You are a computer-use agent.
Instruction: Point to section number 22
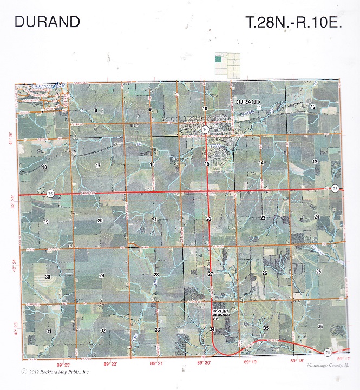[x=209, y=218]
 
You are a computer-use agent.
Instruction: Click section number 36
[x=320, y=326]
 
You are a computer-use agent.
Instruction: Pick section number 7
[x=42, y=111]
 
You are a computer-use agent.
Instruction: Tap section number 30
[x=48, y=276]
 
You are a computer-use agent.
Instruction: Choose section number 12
[x=313, y=107]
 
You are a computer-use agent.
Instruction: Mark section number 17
[x=98, y=165]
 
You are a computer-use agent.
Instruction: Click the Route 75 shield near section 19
[x=50, y=194]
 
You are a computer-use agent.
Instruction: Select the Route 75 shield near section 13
[x=335, y=188]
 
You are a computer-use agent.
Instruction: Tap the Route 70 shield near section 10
[x=206, y=130]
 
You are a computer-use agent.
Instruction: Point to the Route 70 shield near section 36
[x=328, y=353]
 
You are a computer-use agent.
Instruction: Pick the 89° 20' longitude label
[x=203, y=363]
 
